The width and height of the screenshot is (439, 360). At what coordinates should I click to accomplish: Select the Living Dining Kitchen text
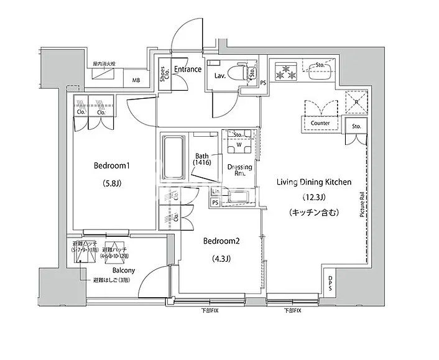(x=314, y=182)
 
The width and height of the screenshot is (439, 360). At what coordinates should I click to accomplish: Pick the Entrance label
(x=187, y=69)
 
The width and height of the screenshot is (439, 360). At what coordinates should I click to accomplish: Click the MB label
(x=136, y=80)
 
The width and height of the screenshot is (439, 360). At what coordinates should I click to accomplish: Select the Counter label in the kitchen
(x=320, y=123)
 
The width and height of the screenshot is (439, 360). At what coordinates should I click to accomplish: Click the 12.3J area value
(x=314, y=198)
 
